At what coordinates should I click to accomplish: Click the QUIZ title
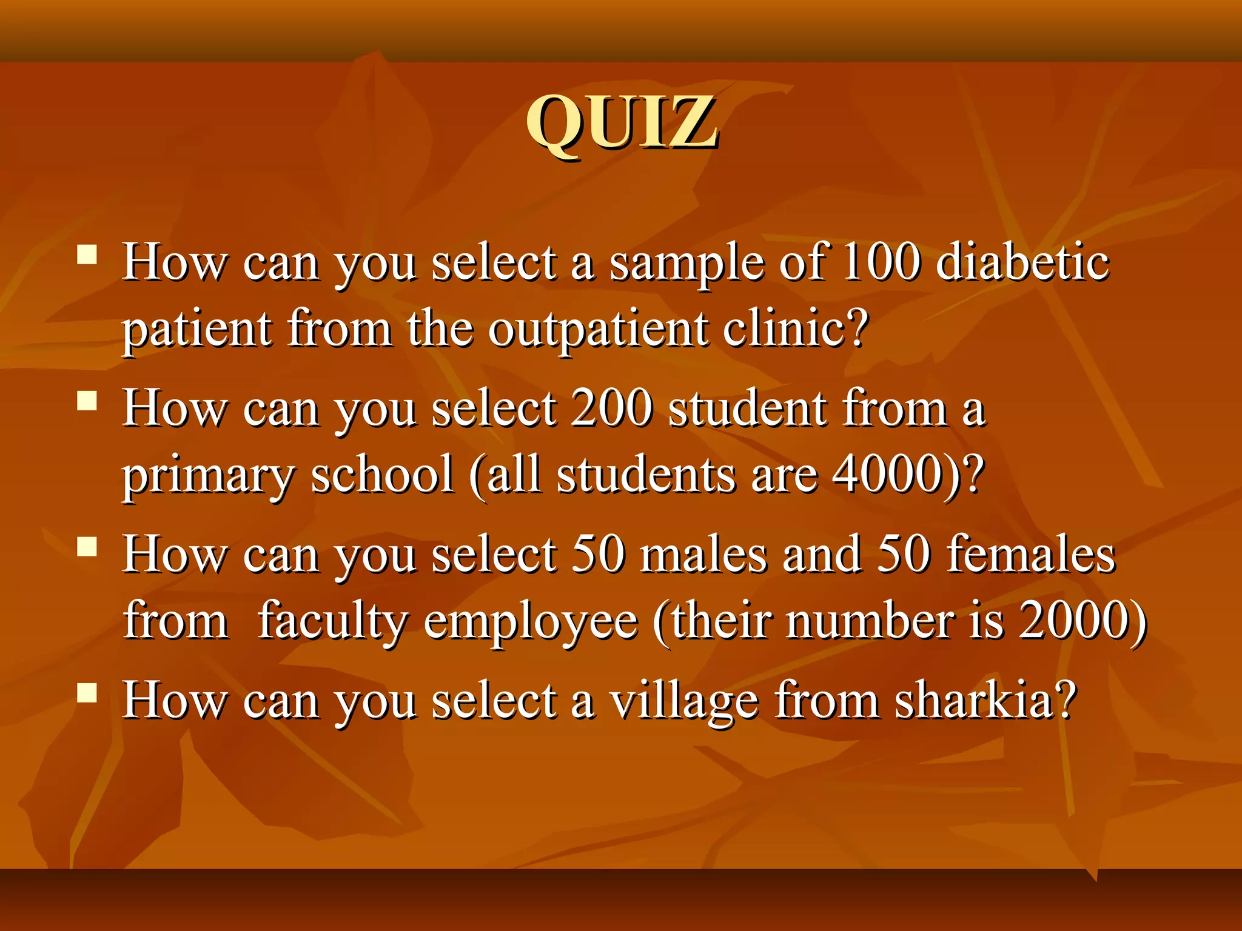click(x=622, y=124)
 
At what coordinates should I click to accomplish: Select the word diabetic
click(x=1022, y=262)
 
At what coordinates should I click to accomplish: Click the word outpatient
click(x=598, y=330)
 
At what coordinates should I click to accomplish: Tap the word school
click(x=382, y=475)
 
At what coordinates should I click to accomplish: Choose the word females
click(x=1030, y=555)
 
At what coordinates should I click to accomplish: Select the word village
click(x=683, y=702)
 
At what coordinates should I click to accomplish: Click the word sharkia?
click(x=985, y=701)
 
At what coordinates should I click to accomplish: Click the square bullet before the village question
click(x=87, y=692)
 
